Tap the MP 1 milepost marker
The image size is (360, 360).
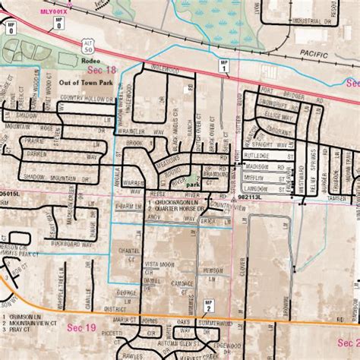[x=224, y=65]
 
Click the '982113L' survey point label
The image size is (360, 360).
[x=249, y=195]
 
